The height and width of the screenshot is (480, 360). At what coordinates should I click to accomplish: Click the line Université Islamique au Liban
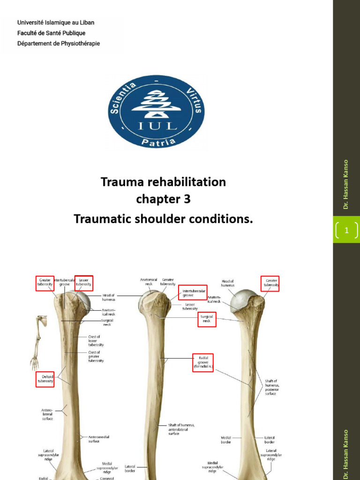point(56,22)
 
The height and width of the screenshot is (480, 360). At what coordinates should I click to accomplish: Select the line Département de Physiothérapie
point(59,44)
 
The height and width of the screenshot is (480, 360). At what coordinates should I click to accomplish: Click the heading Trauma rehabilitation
point(163,181)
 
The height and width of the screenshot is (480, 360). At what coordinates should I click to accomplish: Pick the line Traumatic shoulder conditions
point(163,218)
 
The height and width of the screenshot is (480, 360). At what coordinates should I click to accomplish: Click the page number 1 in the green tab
point(346,230)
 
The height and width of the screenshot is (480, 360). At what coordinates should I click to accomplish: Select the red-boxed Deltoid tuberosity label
point(45,379)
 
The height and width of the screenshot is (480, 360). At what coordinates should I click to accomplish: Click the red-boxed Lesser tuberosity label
point(83,283)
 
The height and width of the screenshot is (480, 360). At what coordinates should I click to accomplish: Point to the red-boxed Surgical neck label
point(206,320)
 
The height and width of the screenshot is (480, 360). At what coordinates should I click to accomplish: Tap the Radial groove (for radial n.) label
point(203,363)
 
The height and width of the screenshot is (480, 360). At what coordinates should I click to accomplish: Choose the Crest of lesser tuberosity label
point(96,341)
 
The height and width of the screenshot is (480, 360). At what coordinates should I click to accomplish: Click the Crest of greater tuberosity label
point(96,356)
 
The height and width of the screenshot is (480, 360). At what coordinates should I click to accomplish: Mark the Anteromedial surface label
point(98,439)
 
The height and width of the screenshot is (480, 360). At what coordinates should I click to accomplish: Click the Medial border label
point(226,440)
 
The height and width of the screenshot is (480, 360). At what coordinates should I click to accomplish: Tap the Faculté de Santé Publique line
point(52,33)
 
